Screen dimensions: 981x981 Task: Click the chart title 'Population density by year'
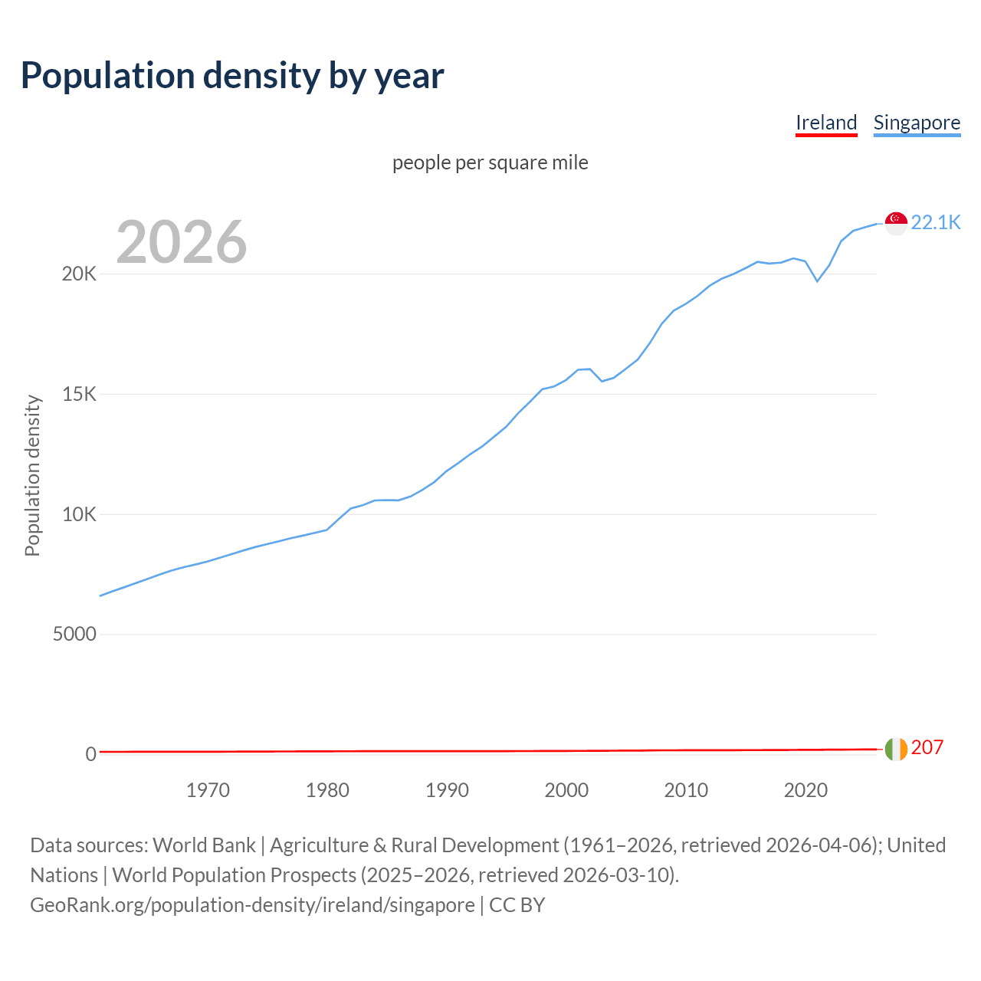tap(232, 76)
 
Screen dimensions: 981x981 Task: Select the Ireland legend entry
tap(826, 123)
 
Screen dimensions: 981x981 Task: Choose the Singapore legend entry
tap(917, 123)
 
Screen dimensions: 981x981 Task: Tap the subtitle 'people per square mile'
tap(490, 162)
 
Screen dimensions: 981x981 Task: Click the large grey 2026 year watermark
tap(182, 242)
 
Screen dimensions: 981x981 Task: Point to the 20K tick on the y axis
tap(79, 274)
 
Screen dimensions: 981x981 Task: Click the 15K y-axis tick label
tap(79, 395)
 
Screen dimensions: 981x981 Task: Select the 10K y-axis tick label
tap(79, 514)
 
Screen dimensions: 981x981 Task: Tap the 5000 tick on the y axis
tap(74, 635)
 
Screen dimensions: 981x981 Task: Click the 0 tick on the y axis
tap(91, 754)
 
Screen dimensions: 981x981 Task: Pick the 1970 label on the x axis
tap(208, 790)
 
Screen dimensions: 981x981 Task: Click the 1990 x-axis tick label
tap(447, 790)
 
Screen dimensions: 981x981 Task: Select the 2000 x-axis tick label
tap(566, 790)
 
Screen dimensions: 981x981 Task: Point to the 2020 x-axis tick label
tap(805, 790)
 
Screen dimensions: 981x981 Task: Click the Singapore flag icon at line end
tap(896, 223)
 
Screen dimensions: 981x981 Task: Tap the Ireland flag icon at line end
tap(896, 749)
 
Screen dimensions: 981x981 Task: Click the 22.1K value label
tap(935, 222)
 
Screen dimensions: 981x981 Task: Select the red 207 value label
tap(927, 748)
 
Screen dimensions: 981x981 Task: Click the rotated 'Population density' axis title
tap(32, 475)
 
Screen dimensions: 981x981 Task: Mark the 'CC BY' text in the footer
tap(517, 905)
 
